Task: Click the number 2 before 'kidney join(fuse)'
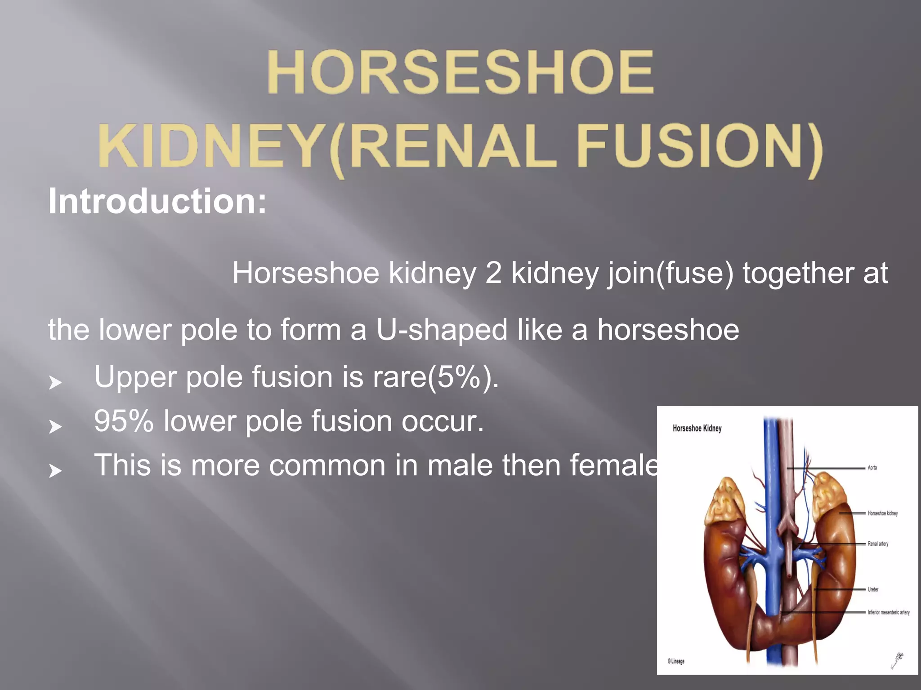click(x=493, y=273)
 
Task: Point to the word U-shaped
click(x=442, y=330)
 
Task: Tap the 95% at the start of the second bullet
click(x=124, y=421)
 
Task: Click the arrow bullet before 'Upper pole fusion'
click(x=55, y=383)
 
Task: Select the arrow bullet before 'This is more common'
click(x=55, y=471)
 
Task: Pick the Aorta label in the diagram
click(x=872, y=468)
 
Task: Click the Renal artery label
click(x=878, y=544)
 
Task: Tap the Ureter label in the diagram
click(x=873, y=589)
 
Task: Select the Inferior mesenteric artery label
click(x=888, y=612)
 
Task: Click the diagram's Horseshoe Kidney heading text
click(x=697, y=428)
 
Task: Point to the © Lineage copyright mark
click(x=676, y=661)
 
